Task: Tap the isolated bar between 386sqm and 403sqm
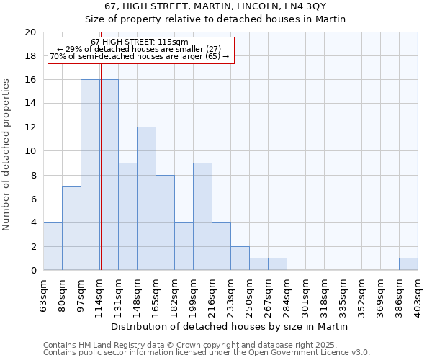pyautogui.click(x=408, y=264)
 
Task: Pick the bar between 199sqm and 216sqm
pyautogui.click(x=202, y=217)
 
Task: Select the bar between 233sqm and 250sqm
pyautogui.click(x=240, y=258)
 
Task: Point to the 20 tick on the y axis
pyautogui.click(x=30, y=32)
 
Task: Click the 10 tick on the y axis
pyautogui.click(x=30, y=151)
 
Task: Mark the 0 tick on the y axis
pyautogui.click(x=32, y=271)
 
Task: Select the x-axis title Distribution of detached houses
pyautogui.click(x=230, y=326)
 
